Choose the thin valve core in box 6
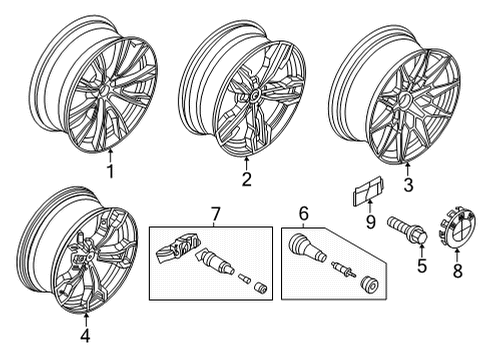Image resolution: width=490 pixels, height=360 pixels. pyautogui.click(x=340, y=270)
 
